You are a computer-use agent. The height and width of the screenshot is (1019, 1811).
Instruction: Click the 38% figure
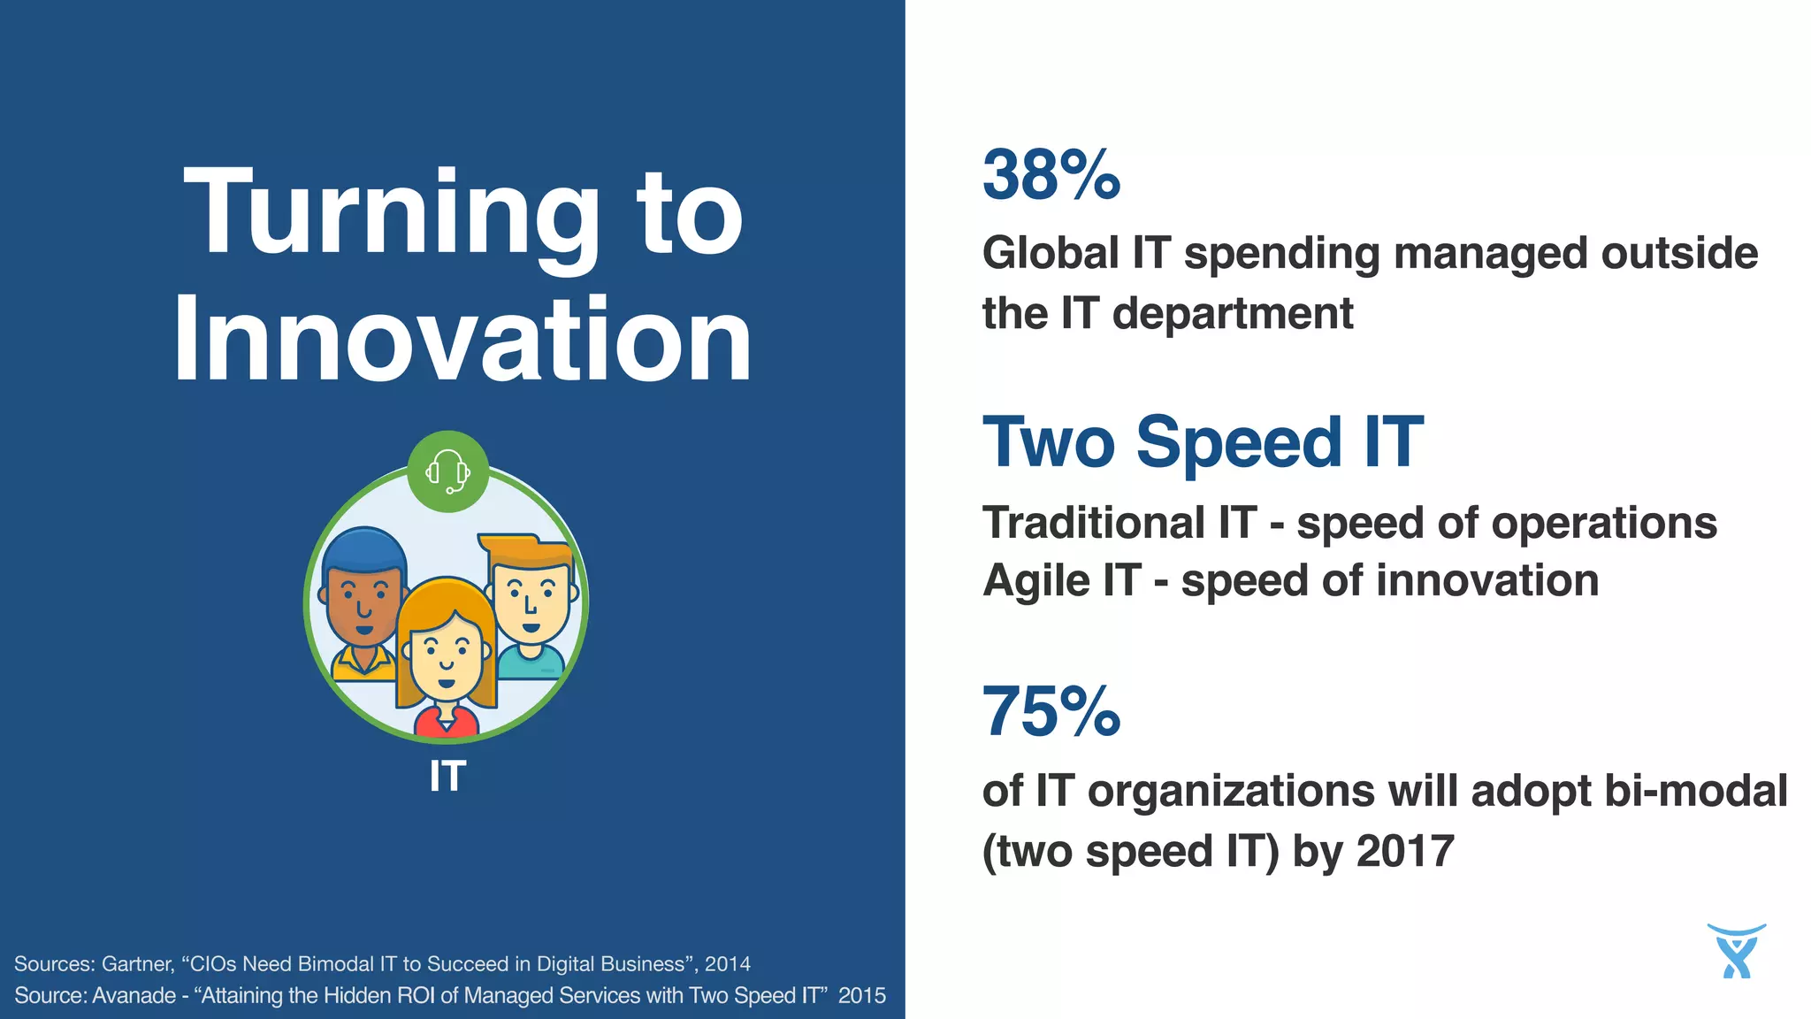[1051, 174]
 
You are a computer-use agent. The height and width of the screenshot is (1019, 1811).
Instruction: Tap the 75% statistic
[1051, 712]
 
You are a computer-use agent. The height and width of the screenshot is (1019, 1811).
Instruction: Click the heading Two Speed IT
[1203, 442]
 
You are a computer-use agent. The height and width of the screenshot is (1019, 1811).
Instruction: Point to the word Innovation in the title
[462, 341]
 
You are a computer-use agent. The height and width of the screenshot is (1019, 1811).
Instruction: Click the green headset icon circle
[448, 471]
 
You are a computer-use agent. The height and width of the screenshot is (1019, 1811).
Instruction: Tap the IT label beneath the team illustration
[447, 777]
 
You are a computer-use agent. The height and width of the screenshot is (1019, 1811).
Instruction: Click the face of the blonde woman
[446, 659]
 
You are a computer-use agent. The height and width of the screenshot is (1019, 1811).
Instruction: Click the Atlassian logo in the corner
[1736, 952]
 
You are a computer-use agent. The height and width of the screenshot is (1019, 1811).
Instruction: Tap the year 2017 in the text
[1405, 851]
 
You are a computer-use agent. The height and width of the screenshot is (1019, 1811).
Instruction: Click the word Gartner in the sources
[138, 963]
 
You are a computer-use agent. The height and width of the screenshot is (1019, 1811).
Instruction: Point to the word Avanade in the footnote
[134, 995]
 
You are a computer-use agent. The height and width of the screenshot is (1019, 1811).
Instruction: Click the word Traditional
[1094, 523]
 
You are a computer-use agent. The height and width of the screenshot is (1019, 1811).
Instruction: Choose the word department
[1233, 314]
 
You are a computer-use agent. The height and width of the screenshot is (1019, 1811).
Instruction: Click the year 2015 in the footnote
[861, 995]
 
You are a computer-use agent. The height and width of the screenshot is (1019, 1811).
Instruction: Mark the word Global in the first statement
[1051, 254]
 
